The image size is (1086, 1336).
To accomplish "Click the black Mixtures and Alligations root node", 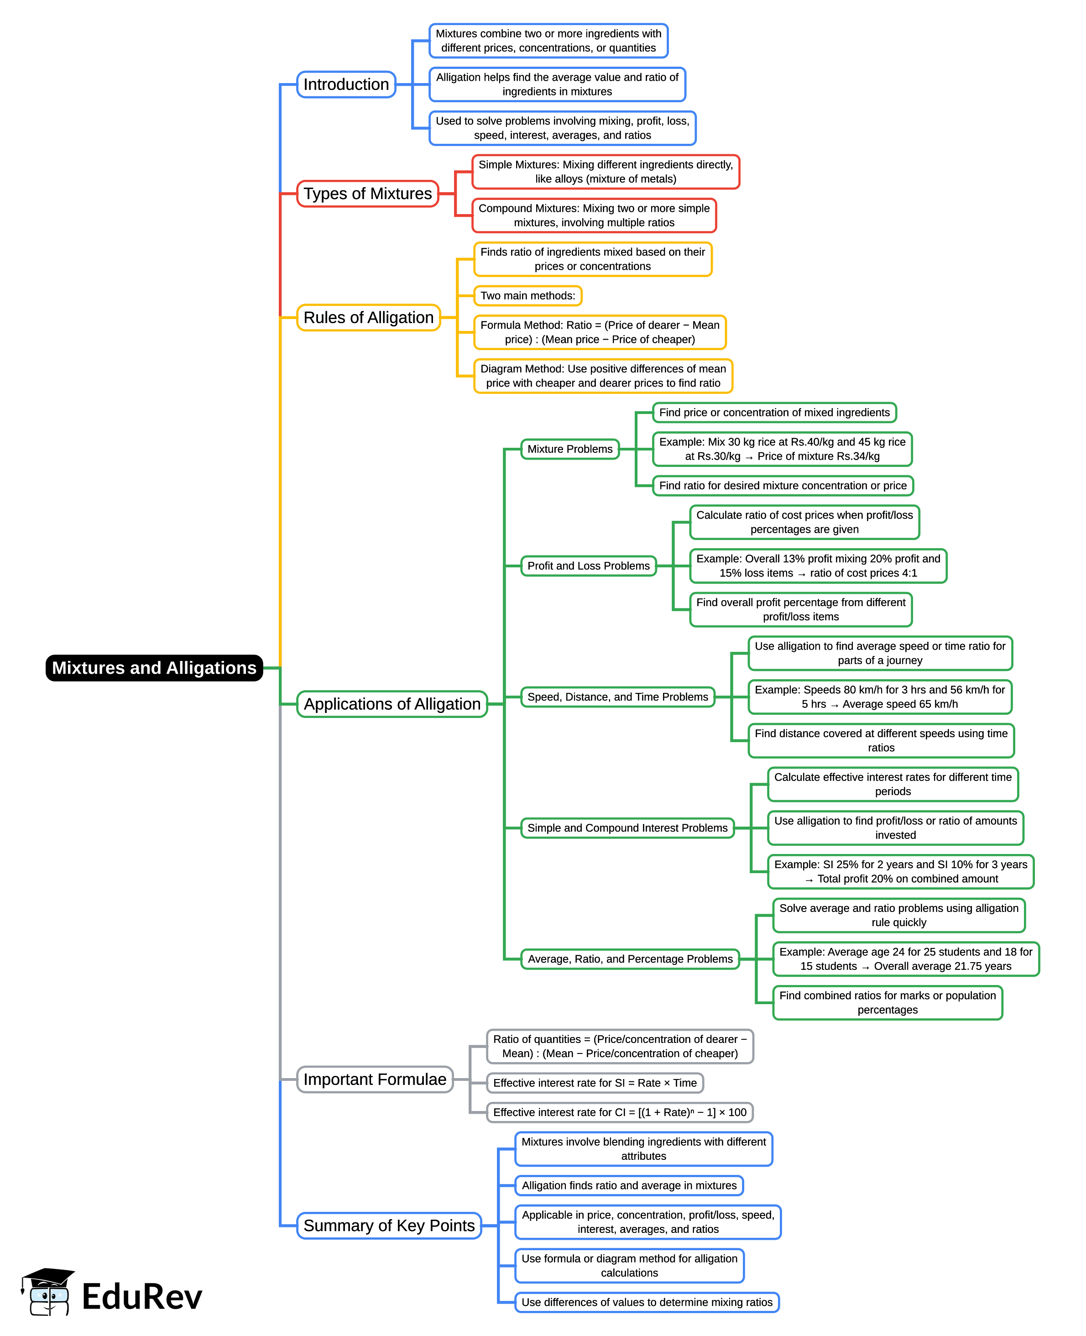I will pos(154,668).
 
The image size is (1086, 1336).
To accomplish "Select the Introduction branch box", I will pos(346,84).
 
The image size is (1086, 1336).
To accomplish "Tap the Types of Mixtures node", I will pos(367,194).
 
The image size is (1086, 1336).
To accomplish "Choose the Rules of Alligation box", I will pos(369,317).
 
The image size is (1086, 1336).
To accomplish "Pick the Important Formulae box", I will pos(375,1079).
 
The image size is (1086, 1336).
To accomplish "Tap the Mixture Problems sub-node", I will pos(570,449).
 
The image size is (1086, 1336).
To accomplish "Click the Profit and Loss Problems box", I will pos(588,566).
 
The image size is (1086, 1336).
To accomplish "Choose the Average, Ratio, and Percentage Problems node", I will pos(630,959).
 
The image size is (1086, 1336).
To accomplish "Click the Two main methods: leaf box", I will pos(527,295).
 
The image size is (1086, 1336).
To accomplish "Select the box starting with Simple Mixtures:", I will pos(606,172).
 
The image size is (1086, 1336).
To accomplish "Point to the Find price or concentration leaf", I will pos(774,412).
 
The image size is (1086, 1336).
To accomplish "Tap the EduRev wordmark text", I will pos(142,1297).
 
